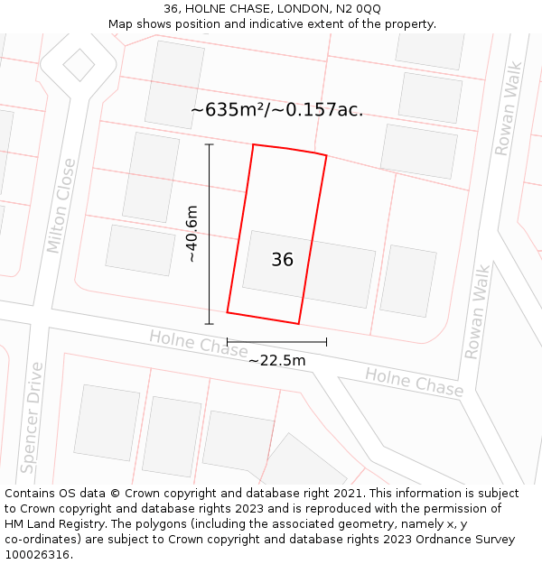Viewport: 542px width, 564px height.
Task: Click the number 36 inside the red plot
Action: point(282,260)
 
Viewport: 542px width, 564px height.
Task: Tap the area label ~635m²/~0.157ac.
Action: point(276,110)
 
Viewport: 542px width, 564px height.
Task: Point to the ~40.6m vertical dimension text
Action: point(192,234)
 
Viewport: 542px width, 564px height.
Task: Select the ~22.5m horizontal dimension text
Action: point(276,360)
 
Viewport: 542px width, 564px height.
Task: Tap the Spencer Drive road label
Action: point(32,418)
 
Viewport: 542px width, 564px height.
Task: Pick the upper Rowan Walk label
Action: point(509,108)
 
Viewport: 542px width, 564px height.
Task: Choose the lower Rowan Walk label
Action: point(477,311)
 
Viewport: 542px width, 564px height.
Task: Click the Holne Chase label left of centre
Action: point(198,343)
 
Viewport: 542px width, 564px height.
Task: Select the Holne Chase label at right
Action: point(414,382)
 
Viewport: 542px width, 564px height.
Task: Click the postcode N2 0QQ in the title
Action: point(358,8)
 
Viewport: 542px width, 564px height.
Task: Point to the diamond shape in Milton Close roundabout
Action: point(79,64)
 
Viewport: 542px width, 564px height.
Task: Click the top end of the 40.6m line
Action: point(210,144)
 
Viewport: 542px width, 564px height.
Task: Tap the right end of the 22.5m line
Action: point(326,342)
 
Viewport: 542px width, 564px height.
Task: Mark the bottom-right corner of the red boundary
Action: point(298,323)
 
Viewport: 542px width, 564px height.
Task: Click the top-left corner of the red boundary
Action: point(253,144)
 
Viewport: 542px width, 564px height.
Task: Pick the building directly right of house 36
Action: point(407,281)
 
